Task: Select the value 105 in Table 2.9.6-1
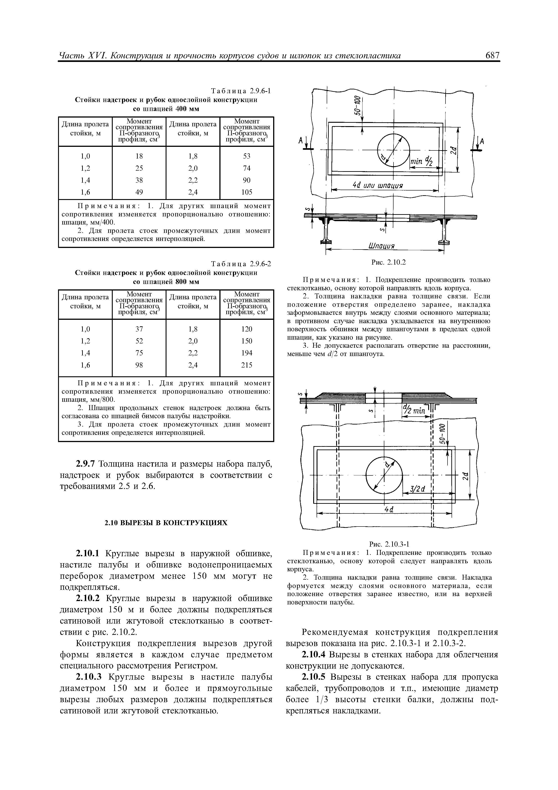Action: (247, 192)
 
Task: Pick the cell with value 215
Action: (247, 365)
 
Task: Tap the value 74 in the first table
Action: (247, 168)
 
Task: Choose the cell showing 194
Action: (247, 353)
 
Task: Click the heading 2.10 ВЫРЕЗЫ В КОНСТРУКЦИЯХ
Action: (166, 523)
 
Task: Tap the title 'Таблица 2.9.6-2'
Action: (241, 264)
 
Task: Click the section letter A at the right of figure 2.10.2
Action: (482, 141)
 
